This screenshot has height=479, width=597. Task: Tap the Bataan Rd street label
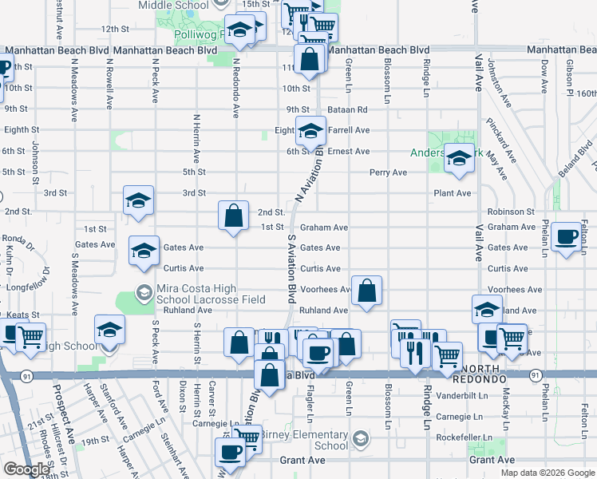coord(350,109)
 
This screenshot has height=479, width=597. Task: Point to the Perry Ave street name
coord(388,172)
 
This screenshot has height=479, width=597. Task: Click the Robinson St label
coord(511,212)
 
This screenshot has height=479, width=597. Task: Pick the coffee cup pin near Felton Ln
coord(567,236)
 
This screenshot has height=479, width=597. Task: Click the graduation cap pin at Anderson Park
coord(459,160)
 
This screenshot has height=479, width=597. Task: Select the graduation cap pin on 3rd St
coord(138,200)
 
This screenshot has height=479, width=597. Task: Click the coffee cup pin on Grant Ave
coord(231,452)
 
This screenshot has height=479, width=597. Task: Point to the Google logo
coord(26,469)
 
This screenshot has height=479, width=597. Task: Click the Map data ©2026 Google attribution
coord(547,473)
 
